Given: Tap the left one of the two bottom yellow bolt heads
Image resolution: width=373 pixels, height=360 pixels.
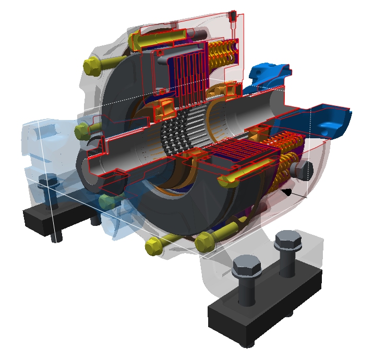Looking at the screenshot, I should click(x=154, y=244).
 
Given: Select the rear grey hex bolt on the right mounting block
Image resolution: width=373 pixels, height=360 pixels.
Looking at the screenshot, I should click(x=287, y=241).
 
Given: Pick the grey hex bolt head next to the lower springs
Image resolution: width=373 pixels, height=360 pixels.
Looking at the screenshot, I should click(x=302, y=170).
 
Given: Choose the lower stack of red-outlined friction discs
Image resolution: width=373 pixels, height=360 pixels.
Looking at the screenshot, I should click(x=235, y=157).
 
